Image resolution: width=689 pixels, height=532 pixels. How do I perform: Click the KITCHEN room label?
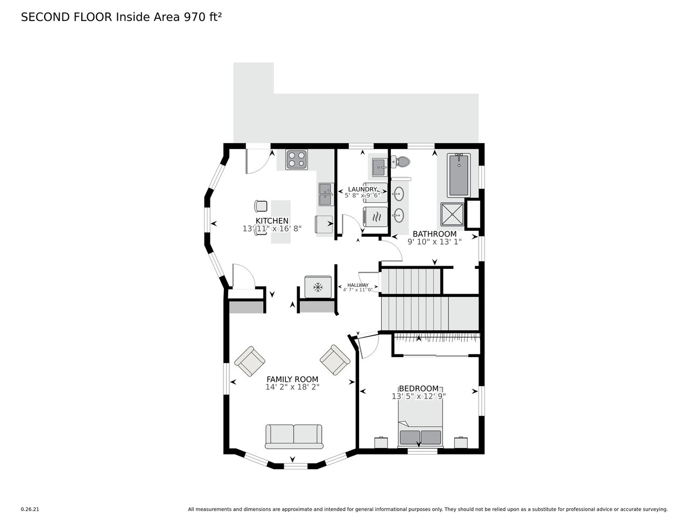tap(272, 221)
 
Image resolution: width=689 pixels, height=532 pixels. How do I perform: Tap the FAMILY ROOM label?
tap(292, 379)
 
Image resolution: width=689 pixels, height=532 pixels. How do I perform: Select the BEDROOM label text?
tap(419, 388)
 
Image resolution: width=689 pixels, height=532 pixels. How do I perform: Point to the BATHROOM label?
tap(434, 234)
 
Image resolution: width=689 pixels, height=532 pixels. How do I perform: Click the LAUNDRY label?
tap(362, 189)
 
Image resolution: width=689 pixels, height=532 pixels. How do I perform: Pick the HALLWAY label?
tap(358, 285)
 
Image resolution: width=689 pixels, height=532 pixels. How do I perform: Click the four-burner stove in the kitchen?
tap(297, 159)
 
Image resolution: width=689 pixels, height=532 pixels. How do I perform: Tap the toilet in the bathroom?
tap(400, 162)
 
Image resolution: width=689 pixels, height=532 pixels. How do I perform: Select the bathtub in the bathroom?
tap(459, 175)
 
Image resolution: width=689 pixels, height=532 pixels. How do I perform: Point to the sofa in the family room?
tap(294, 437)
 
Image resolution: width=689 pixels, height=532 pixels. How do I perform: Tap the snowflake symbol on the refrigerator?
tap(318, 287)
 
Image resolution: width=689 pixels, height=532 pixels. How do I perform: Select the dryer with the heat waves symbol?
tap(375, 217)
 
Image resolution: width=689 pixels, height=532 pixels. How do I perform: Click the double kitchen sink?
tap(326, 194)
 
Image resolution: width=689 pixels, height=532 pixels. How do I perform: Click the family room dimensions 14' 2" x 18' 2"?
tap(292, 387)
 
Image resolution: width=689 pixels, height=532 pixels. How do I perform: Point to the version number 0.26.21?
tap(30, 509)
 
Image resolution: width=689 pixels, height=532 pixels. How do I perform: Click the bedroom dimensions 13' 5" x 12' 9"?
tap(419, 396)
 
